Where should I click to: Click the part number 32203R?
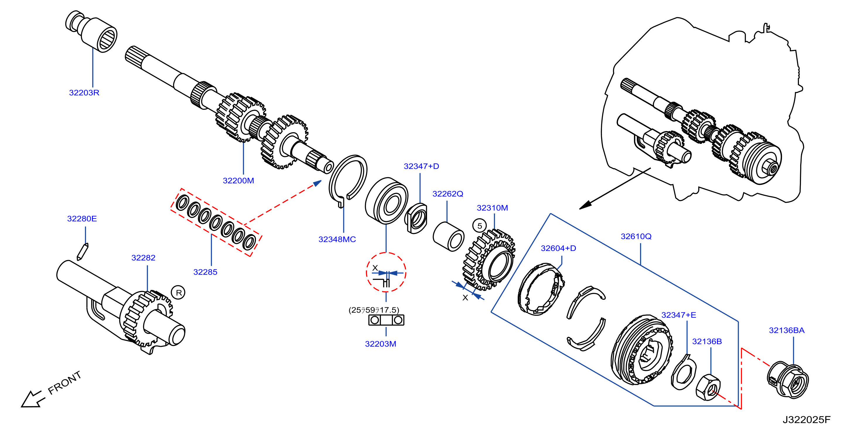click(x=84, y=93)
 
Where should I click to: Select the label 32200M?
click(x=238, y=181)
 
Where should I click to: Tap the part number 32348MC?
click(x=337, y=240)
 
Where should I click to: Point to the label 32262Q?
click(x=448, y=194)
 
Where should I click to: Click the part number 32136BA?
click(x=786, y=330)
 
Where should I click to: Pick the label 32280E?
click(x=82, y=219)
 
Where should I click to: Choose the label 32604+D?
click(x=559, y=249)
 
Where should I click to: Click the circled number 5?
click(x=480, y=226)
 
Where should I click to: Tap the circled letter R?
click(x=178, y=293)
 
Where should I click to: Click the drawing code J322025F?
click(x=807, y=420)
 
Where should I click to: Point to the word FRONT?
click(x=65, y=383)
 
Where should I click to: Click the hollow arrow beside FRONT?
click(x=33, y=399)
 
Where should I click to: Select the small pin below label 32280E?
click(x=83, y=252)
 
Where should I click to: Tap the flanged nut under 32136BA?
click(x=788, y=380)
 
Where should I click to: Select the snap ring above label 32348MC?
click(x=348, y=181)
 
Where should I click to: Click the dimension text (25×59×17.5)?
click(x=374, y=310)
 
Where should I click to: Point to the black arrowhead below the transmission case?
click(x=585, y=205)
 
